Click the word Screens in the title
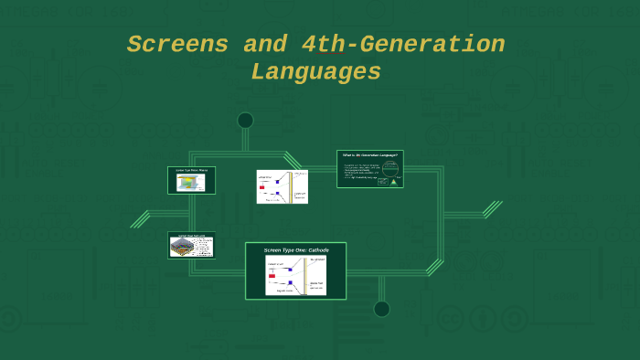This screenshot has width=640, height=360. pyautogui.click(x=177, y=45)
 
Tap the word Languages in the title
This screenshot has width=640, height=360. pyautogui.click(x=315, y=71)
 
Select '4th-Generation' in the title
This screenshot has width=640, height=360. pyautogui.click(x=402, y=45)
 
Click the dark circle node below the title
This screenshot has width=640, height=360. pyautogui.click(x=245, y=120)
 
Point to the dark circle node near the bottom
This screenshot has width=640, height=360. pyautogui.click(x=381, y=309)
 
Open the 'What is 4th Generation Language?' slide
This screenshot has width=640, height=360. pyautogui.click(x=369, y=169)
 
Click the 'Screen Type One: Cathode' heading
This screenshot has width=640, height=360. pyautogui.click(x=295, y=249)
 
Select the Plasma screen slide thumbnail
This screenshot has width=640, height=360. pyautogui.click(x=191, y=180)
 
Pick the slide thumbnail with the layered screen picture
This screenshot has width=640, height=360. pyautogui.click(x=191, y=245)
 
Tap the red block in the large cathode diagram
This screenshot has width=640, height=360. pyautogui.click(x=271, y=274)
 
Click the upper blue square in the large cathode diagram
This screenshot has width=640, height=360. pyautogui.click(x=289, y=270)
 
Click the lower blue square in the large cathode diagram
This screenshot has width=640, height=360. pyautogui.click(x=290, y=282)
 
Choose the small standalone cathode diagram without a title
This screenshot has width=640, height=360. pyautogui.click(x=282, y=186)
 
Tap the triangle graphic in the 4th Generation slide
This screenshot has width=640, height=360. pyautogui.click(x=393, y=181)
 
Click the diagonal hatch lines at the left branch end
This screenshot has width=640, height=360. pyautogui.click(x=140, y=218)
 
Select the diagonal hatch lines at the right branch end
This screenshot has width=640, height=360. pyautogui.click(x=493, y=209)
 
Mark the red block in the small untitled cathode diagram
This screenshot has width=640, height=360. pyautogui.click(x=262, y=186)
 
